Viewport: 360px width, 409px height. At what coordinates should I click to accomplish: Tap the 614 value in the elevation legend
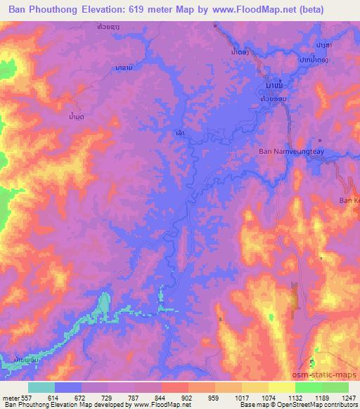click(54, 397)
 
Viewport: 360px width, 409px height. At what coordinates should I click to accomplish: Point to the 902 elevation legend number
click(186, 397)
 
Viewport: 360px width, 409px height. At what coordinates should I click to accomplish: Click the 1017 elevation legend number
click(240, 397)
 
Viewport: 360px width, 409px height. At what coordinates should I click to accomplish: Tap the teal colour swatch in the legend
click(41, 387)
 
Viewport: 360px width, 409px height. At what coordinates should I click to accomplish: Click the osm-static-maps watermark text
click(333, 365)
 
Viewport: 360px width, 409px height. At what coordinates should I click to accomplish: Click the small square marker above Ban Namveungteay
click(321, 140)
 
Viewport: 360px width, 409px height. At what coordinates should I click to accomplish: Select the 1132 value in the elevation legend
click(293, 397)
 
